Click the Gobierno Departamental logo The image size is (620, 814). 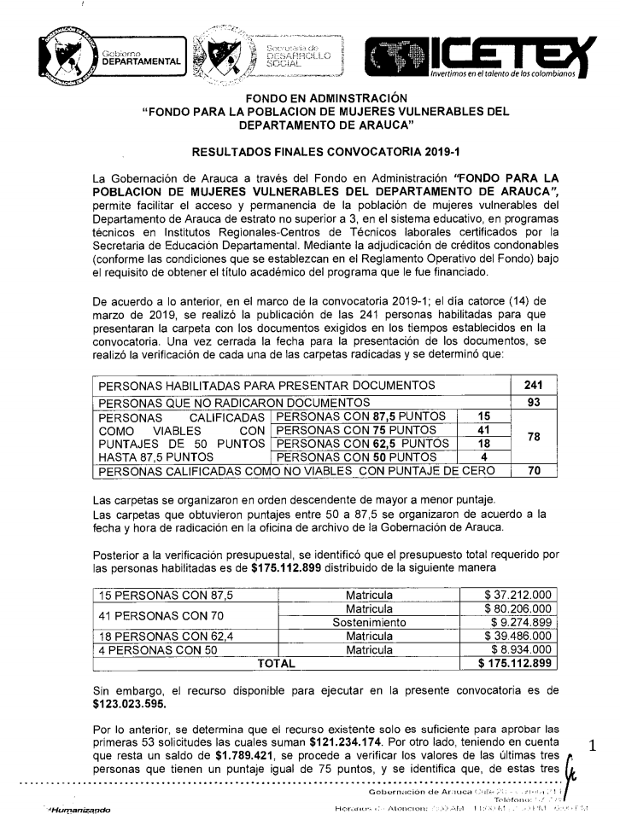[111, 59]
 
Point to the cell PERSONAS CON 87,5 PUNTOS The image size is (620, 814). [362, 416]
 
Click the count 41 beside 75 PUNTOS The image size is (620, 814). [483, 430]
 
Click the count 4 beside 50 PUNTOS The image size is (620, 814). [483, 456]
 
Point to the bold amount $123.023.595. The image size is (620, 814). [132, 706]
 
